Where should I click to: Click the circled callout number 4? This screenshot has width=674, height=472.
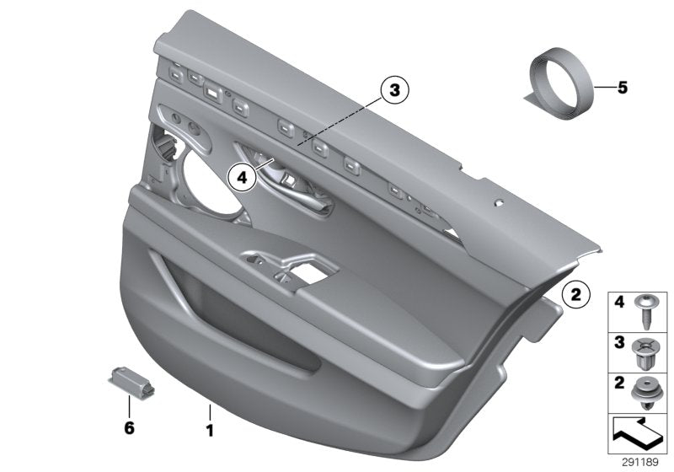[x=243, y=177]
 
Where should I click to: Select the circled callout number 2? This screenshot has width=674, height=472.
[x=575, y=294]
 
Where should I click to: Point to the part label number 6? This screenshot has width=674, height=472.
[x=129, y=428]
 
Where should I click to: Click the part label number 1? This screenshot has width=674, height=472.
[x=211, y=429]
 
